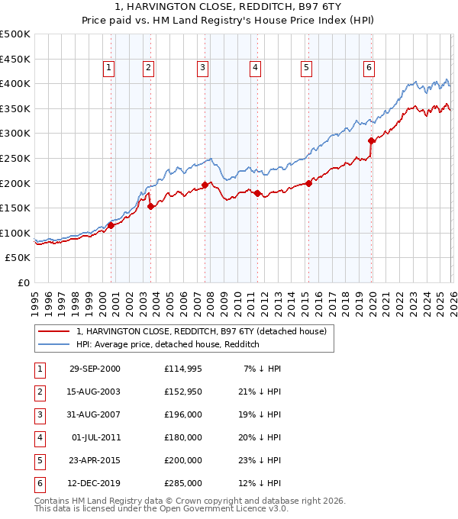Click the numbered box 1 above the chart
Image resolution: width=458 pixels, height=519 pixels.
coord(108,68)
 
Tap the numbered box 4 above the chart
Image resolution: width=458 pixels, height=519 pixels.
coord(255,68)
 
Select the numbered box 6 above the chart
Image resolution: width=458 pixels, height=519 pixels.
coord(369,68)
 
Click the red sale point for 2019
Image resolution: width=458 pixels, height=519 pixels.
coord(372,140)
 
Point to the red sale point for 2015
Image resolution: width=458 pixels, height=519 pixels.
coord(308,183)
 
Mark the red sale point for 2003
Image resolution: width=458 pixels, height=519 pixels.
coord(150,206)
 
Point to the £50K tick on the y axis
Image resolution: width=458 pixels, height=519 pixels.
coord(18,258)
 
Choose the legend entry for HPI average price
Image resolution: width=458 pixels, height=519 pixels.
coord(168,344)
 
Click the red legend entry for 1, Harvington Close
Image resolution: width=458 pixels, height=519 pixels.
coord(201,331)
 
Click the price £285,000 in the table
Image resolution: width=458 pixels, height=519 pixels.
coord(183,483)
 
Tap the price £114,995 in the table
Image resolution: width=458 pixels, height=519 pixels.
coord(183,369)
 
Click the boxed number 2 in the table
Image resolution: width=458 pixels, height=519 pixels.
coord(40,392)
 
